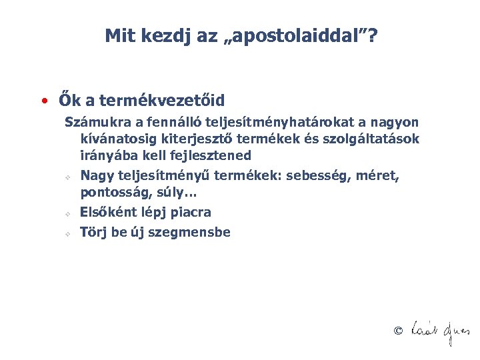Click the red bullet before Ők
coord(43,101)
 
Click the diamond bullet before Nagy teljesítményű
coord(68,178)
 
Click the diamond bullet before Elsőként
coord(68,215)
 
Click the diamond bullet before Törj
coord(68,235)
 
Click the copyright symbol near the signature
coord(399,331)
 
